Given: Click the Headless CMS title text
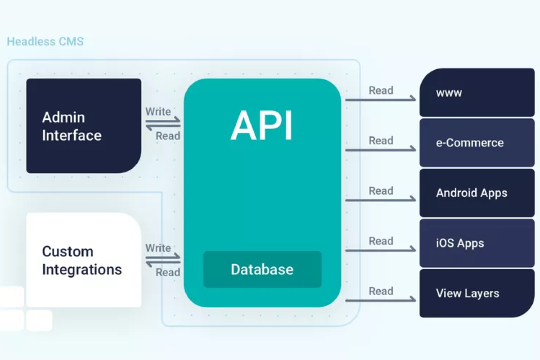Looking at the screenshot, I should click(x=45, y=42).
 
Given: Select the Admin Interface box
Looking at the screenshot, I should click(x=84, y=126).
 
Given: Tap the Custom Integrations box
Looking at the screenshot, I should click(x=84, y=260).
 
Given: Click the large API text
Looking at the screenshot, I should click(x=262, y=126).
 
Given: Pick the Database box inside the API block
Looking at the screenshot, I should click(x=262, y=270).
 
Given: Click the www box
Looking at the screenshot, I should click(x=477, y=93).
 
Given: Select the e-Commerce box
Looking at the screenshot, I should click(x=477, y=143).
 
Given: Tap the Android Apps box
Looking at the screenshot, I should click(x=477, y=193).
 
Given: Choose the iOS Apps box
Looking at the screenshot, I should click(x=477, y=243).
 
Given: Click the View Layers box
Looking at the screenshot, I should click(x=477, y=293).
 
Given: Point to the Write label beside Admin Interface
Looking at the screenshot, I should click(x=158, y=111).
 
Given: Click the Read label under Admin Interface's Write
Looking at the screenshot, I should click(x=168, y=136).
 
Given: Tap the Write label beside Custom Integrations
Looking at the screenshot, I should click(x=158, y=248).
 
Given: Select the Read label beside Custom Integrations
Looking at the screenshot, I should click(x=168, y=272).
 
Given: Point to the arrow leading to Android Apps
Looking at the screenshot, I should click(x=381, y=199).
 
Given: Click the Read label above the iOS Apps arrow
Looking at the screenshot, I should click(x=381, y=241).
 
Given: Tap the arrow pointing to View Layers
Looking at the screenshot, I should click(x=381, y=300).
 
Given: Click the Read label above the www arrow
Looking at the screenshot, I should click(x=381, y=90).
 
